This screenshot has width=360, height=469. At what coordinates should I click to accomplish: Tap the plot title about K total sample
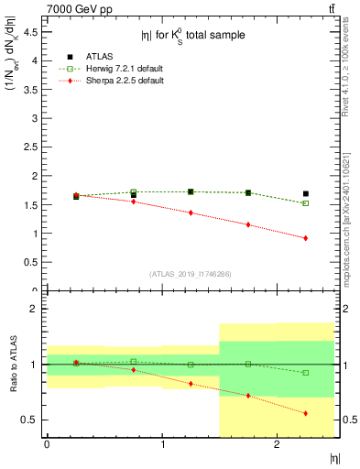point(193,36)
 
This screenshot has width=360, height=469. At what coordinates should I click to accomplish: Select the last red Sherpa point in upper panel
point(306,238)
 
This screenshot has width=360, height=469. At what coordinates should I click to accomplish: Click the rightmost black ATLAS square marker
point(306,193)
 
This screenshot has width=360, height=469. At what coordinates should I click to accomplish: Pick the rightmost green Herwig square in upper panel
point(306,203)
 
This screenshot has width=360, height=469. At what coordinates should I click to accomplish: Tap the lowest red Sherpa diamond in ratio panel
point(306,413)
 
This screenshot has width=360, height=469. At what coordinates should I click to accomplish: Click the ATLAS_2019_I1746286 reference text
point(192,273)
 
